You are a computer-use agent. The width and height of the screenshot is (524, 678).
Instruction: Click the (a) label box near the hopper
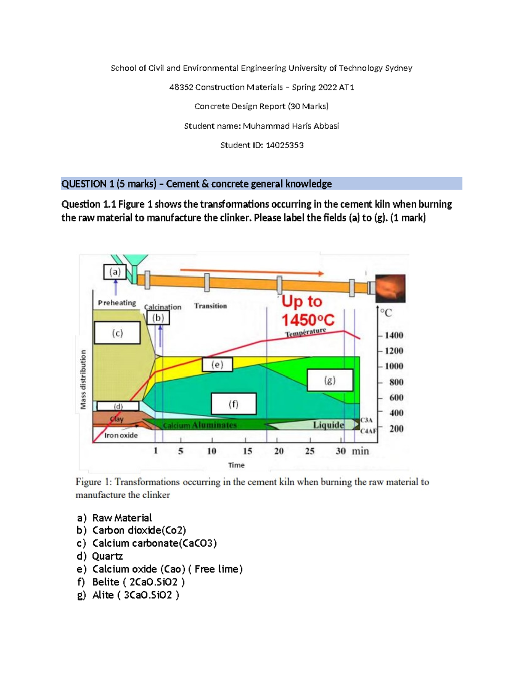(x=115, y=272)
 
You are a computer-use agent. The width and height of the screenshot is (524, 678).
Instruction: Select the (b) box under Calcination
(x=158, y=318)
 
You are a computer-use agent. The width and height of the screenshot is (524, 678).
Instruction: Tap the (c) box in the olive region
(x=117, y=333)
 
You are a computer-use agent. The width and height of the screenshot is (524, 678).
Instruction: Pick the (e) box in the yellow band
(x=217, y=365)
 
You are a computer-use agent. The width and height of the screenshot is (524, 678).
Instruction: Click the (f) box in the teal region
(x=234, y=404)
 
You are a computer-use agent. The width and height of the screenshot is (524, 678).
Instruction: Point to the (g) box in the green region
(x=330, y=380)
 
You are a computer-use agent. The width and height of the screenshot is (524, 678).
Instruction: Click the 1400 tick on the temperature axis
(x=393, y=335)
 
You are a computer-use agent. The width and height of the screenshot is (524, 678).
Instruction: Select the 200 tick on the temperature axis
(x=396, y=429)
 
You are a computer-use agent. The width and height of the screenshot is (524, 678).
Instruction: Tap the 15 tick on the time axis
(x=247, y=451)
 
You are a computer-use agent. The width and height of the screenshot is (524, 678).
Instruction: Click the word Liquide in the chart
(x=328, y=425)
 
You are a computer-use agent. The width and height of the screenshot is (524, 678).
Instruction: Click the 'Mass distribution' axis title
(x=83, y=379)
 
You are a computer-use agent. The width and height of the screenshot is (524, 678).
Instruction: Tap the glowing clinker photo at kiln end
(x=390, y=288)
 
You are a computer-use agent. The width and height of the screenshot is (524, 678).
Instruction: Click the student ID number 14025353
(x=284, y=145)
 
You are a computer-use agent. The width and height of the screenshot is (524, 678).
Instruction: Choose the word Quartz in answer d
(x=107, y=556)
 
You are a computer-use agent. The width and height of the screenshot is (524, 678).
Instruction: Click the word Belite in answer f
(x=106, y=582)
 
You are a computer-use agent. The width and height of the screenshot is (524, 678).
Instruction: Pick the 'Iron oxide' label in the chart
(x=121, y=435)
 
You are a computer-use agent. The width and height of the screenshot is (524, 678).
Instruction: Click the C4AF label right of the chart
(x=368, y=431)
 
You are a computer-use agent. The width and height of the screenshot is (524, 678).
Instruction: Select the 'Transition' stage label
(x=210, y=306)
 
